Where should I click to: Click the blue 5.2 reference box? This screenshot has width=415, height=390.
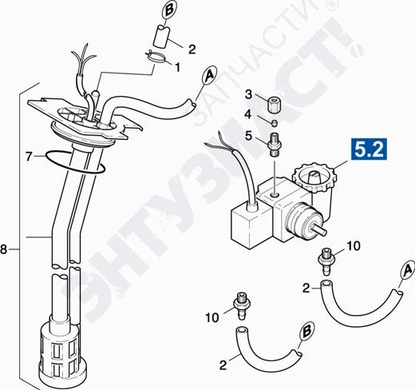370,149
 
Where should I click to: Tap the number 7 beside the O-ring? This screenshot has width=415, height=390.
29,157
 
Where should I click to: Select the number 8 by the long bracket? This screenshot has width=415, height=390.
3,249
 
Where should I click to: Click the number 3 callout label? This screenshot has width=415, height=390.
248,94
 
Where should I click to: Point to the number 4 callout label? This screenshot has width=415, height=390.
248,114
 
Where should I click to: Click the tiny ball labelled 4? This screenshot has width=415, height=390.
274,123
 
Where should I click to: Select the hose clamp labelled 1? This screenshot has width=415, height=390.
156,57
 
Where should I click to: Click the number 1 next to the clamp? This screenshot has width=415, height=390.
177,67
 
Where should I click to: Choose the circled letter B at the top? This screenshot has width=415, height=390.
169,11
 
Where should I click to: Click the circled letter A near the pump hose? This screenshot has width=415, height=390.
210,75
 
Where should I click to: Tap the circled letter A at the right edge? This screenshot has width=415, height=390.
408,271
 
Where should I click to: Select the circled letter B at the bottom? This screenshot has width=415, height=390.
306,332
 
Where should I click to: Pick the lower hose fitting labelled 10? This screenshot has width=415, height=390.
242,305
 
